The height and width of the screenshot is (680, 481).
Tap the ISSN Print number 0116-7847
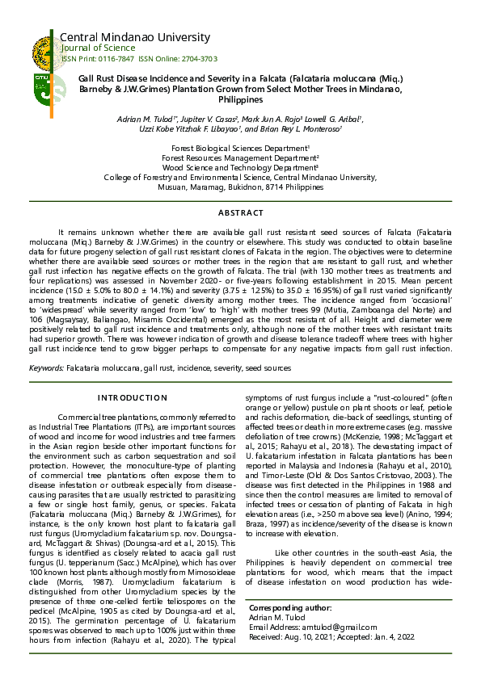[x=116, y=59]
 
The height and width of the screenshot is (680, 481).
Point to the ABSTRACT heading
[x=241, y=212]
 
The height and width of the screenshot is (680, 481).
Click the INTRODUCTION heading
[x=132, y=398]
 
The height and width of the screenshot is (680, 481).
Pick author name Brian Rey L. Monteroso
[x=303, y=129]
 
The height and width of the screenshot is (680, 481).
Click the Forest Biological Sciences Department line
[x=241, y=149]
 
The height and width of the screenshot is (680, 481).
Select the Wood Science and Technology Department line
[x=241, y=168]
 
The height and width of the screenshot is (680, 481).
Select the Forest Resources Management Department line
[x=241, y=158]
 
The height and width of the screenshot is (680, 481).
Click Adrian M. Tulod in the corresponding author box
[x=276, y=617]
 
